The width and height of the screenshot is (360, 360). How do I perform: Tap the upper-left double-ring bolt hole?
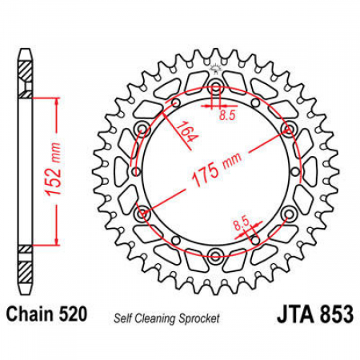tap(142, 130)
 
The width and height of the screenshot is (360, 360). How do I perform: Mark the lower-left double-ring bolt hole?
tap(142, 214)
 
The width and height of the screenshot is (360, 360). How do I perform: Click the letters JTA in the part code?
tap(294, 314)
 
